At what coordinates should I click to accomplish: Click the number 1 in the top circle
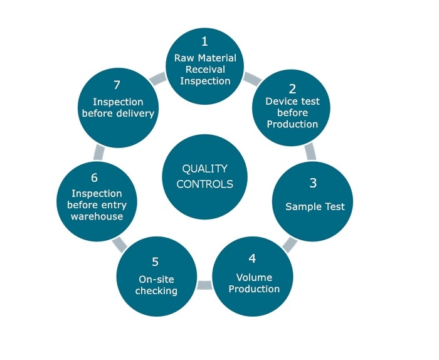(x=204, y=42)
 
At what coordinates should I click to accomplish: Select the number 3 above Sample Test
(x=313, y=183)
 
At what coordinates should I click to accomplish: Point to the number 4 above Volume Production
(x=253, y=258)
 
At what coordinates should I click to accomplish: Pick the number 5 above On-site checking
(x=156, y=262)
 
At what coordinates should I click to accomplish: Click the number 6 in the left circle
(x=95, y=178)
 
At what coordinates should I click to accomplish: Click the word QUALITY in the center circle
(x=204, y=169)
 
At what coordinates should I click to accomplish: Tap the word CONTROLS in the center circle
(x=204, y=184)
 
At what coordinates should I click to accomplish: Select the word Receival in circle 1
(x=204, y=69)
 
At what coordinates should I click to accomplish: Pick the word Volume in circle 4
(x=254, y=277)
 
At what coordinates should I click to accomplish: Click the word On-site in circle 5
(x=156, y=279)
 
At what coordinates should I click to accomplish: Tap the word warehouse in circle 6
(x=96, y=216)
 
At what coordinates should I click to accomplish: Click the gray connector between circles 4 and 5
(x=204, y=286)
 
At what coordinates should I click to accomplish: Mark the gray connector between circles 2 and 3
(x=310, y=151)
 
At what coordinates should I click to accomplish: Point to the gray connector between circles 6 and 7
(x=98, y=152)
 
